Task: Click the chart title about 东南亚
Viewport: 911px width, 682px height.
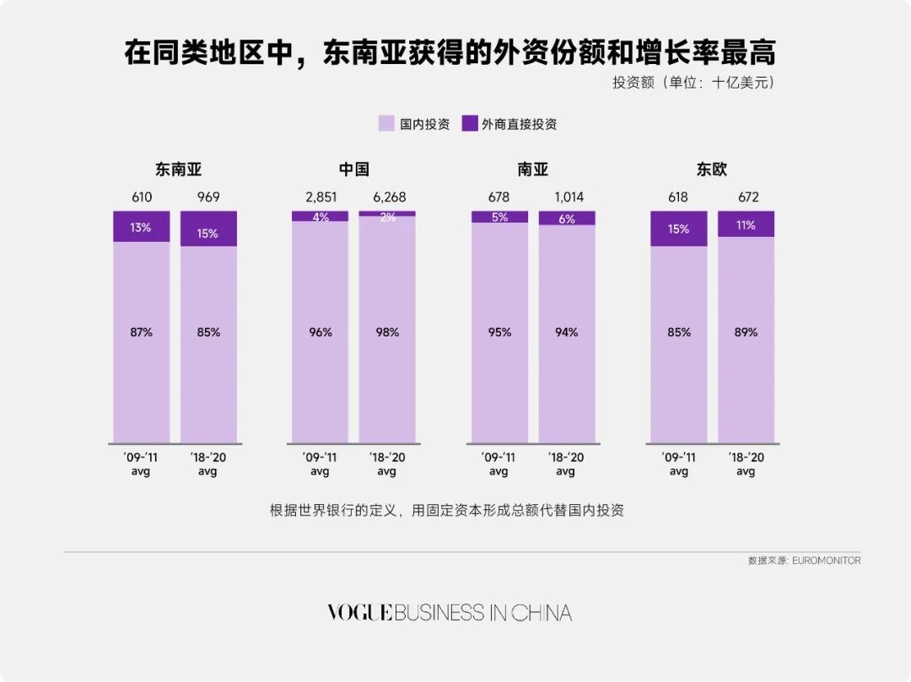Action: click(x=450, y=52)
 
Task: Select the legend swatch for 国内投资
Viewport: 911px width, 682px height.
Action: click(x=386, y=124)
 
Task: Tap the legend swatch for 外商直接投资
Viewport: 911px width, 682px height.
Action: click(x=470, y=124)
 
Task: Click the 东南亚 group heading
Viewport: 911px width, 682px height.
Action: click(x=178, y=169)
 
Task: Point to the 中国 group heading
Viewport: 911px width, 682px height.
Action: click(x=353, y=169)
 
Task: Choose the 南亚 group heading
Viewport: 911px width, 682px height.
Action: click(x=533, y=169)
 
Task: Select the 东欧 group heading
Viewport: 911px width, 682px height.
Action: click(x=711, y=169)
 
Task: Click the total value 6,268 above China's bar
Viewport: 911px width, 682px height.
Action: click(x=387, y=197)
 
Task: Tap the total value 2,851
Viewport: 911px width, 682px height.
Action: click(x=320, y=197)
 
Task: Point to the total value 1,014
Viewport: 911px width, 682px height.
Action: click(x=568, y=197)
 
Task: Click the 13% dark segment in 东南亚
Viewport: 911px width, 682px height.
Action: click(x=141, y=227)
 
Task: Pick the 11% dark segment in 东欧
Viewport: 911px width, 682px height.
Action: click(x=746, y=224)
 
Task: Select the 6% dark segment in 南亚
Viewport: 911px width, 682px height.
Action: click(x=567, y=218)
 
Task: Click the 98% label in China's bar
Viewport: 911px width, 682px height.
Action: click(x=387, y=332)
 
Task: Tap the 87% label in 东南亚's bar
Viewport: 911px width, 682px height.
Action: click(x=141, y=332)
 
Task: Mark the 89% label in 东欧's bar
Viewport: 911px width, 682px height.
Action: click(x=746, y=332)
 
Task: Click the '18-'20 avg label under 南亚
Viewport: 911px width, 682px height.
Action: click(x=566, y=464)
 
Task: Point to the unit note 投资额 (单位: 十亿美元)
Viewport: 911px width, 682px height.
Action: click(x=693, y=83)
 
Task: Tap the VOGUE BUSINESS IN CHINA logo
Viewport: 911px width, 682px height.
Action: click(x=450, y=613)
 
